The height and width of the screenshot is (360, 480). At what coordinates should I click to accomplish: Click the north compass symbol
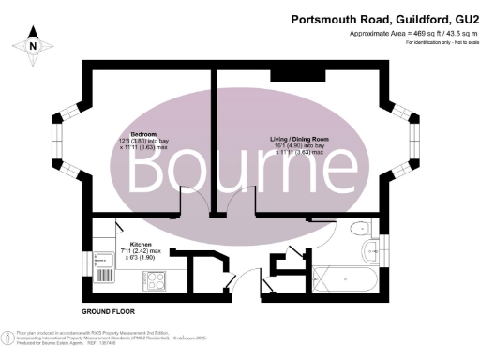pos(34,44)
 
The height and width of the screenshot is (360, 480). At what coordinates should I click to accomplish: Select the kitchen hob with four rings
pos(154,279)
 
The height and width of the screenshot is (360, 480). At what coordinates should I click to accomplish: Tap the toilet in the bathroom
pos(357,230)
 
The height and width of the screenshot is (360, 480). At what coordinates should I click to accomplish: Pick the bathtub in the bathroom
pos(346,279)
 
